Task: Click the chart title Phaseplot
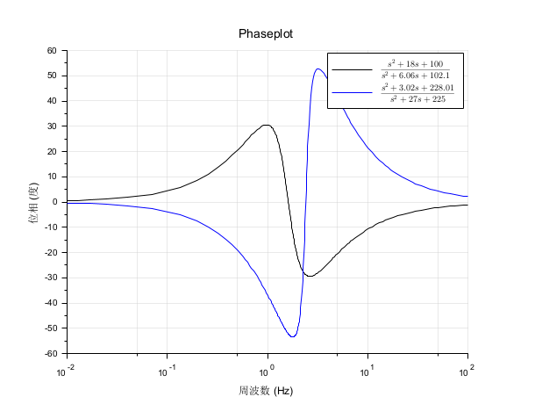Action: tap(267, 33)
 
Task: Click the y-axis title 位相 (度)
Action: tap(34, 203)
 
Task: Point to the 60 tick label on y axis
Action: tap(51, 51)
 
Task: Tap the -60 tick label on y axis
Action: tap(49, 354)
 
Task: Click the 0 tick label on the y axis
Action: tap(53, 202)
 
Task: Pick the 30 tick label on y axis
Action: tap(51, 126)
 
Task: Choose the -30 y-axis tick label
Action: tap(49, 278)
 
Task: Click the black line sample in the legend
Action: tap(351, 69)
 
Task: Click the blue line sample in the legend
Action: tap(351, 92)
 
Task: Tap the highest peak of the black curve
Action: tap(266, 125)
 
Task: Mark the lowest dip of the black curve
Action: tap(310, 276)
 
